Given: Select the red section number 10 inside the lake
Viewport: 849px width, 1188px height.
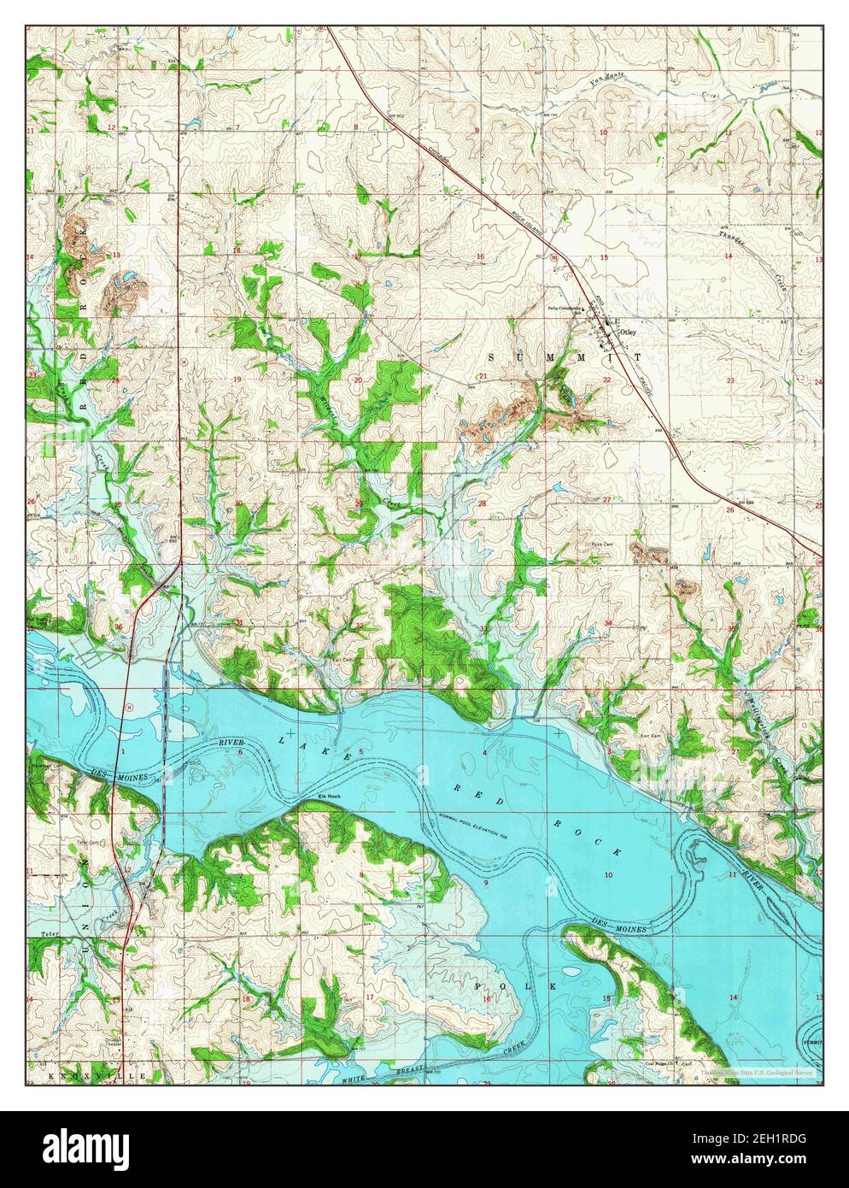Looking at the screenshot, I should pyautogui.click(x=607, y=875).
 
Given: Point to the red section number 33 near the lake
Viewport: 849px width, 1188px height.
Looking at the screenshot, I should pyautogui.click(x=483, y=630).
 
